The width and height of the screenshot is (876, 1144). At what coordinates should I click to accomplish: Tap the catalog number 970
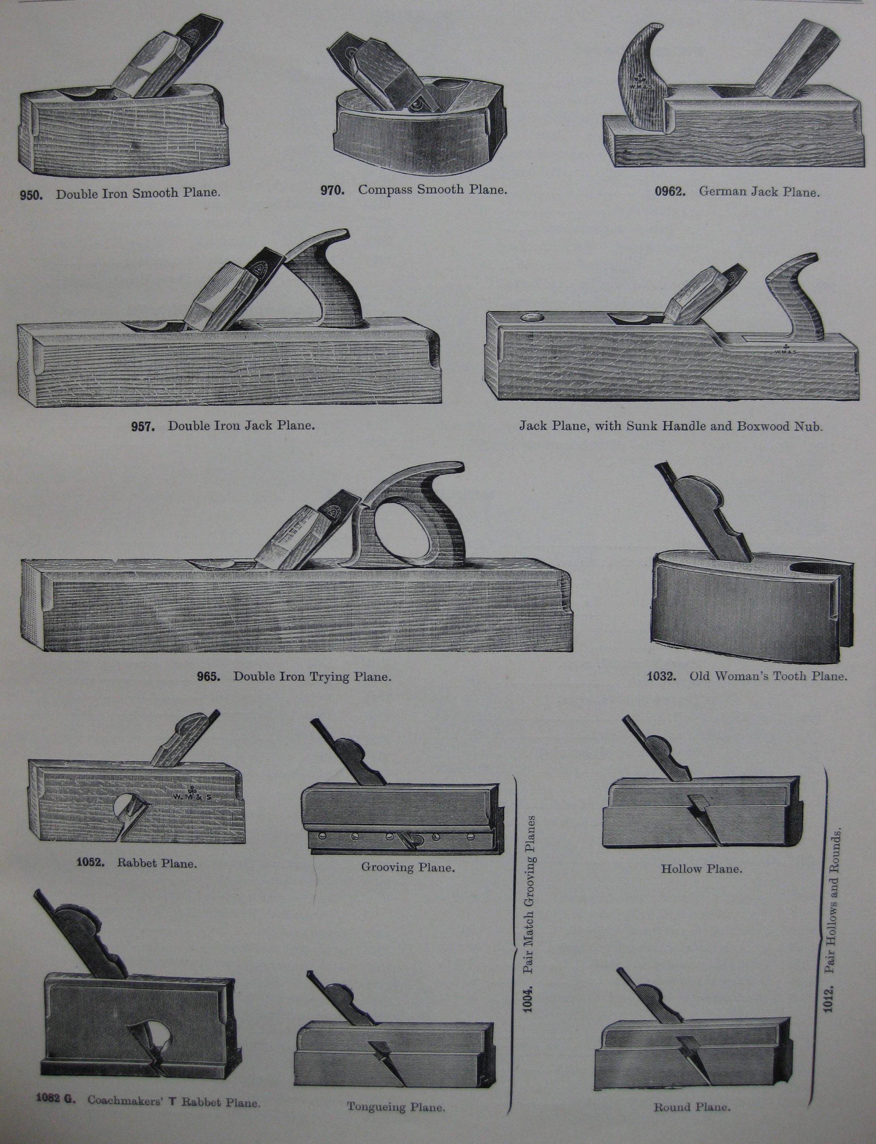tap(332, 190)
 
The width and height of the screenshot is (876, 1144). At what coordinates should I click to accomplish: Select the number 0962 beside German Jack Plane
tap(670, 192)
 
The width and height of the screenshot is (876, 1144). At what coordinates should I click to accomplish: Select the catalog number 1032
tap(661, 677)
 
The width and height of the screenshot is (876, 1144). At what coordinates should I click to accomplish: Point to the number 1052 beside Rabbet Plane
tap(90, 862)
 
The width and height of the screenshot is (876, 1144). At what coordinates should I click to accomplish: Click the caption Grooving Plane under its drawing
tap(408, 868)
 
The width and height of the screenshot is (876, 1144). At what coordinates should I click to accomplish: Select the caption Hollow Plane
tap(701, 869)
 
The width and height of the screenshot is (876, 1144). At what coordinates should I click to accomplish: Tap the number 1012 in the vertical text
tap(829, 998)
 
